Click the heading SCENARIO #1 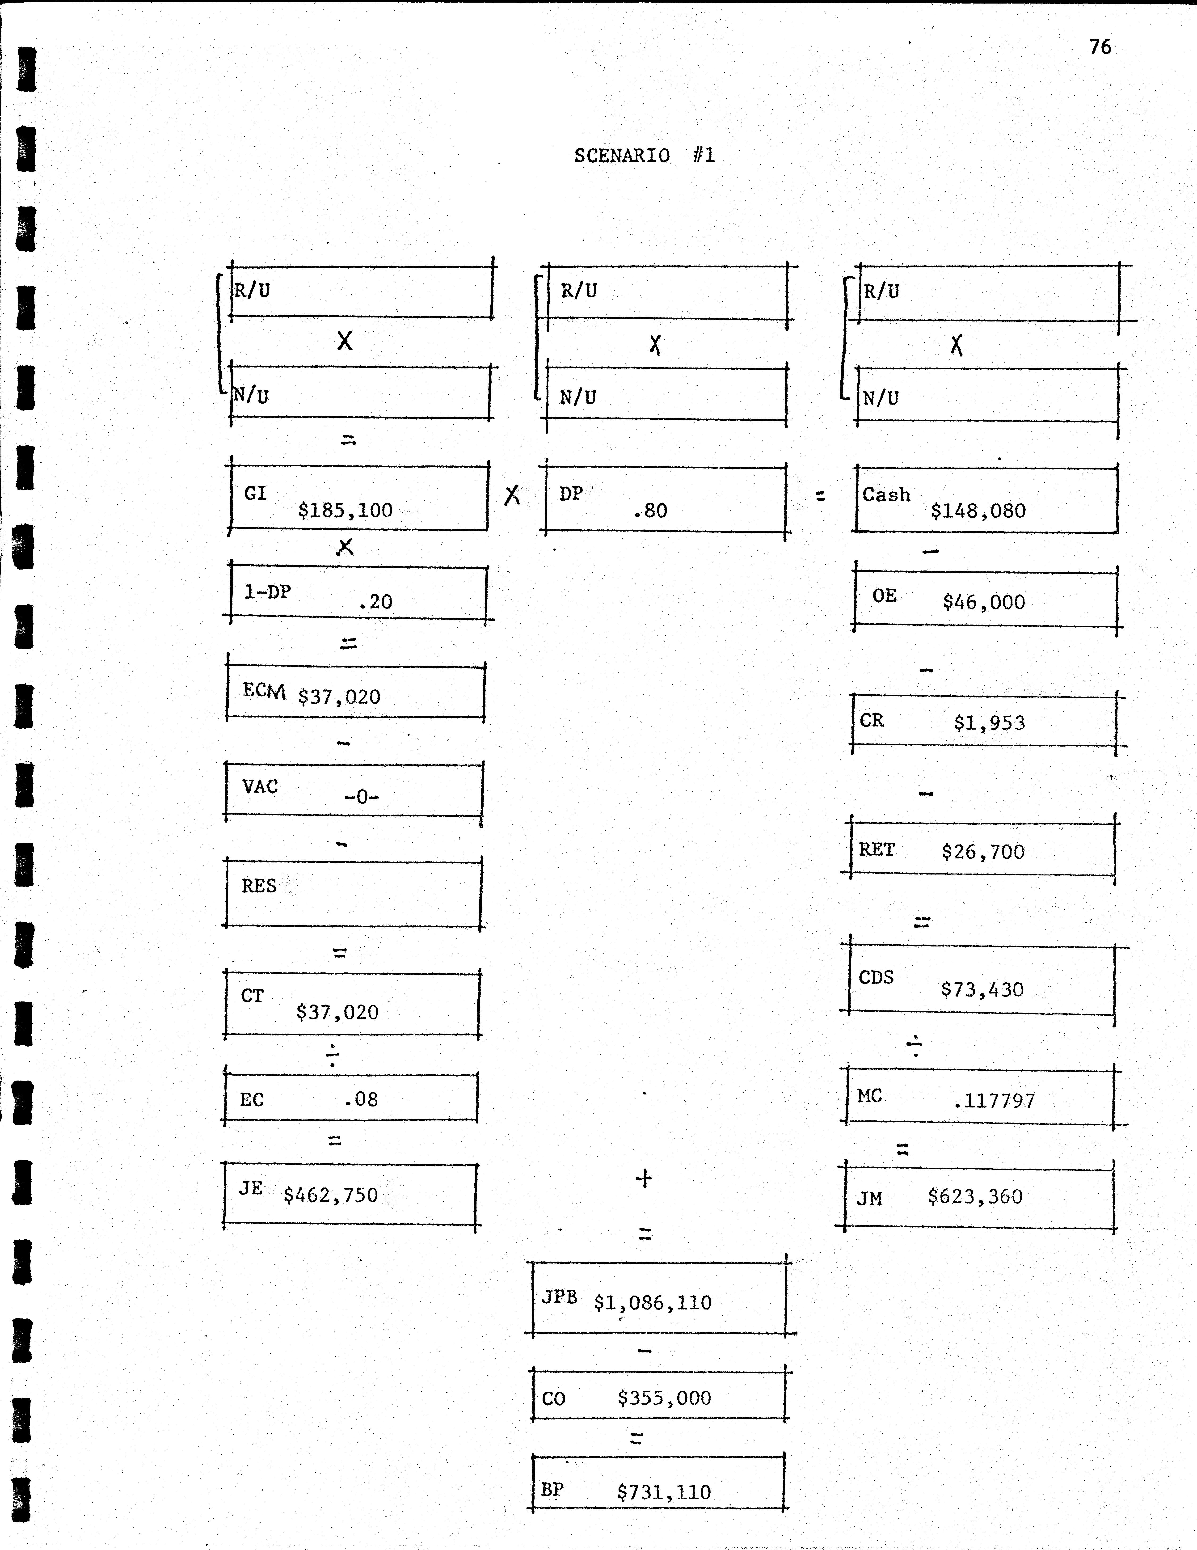[x=644, y=156]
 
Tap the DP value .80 [x=650, y=510]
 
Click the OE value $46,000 [x=983, y=603]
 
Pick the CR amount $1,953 [x=989, y=723]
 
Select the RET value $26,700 [x=983, y=852]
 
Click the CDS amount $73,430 [x=982, y=989]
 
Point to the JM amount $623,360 [x=975, y=1197]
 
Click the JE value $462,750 [x=331, y=1195]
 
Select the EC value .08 [x=361, y=1099]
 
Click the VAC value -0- [x=362, y=797]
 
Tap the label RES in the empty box [x=259, y=886]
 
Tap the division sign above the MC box [x=915, y=1045]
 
